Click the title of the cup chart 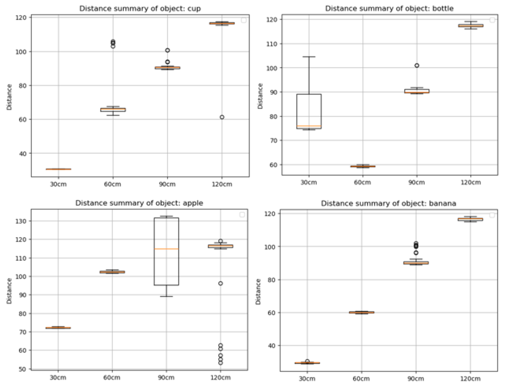[x=140, y=9]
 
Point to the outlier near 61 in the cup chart [x=222, y=117]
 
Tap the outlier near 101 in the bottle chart [x=416, y=65]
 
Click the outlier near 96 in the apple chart [x=220, y=283]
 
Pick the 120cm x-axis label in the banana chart [x=470, y=379]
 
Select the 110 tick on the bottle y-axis [x=272, y=44]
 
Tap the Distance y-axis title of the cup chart [x=9, y=97]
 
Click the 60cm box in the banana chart [x=362, y=312]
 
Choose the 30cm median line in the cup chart [x=58, y=169]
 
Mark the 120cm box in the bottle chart [x=471, y=26]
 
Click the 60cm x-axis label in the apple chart [x=112, y=377]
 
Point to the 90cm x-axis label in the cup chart [x=167, y=184]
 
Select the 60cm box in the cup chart [x=113, y=110]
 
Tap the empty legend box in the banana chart [x=492, y=215]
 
